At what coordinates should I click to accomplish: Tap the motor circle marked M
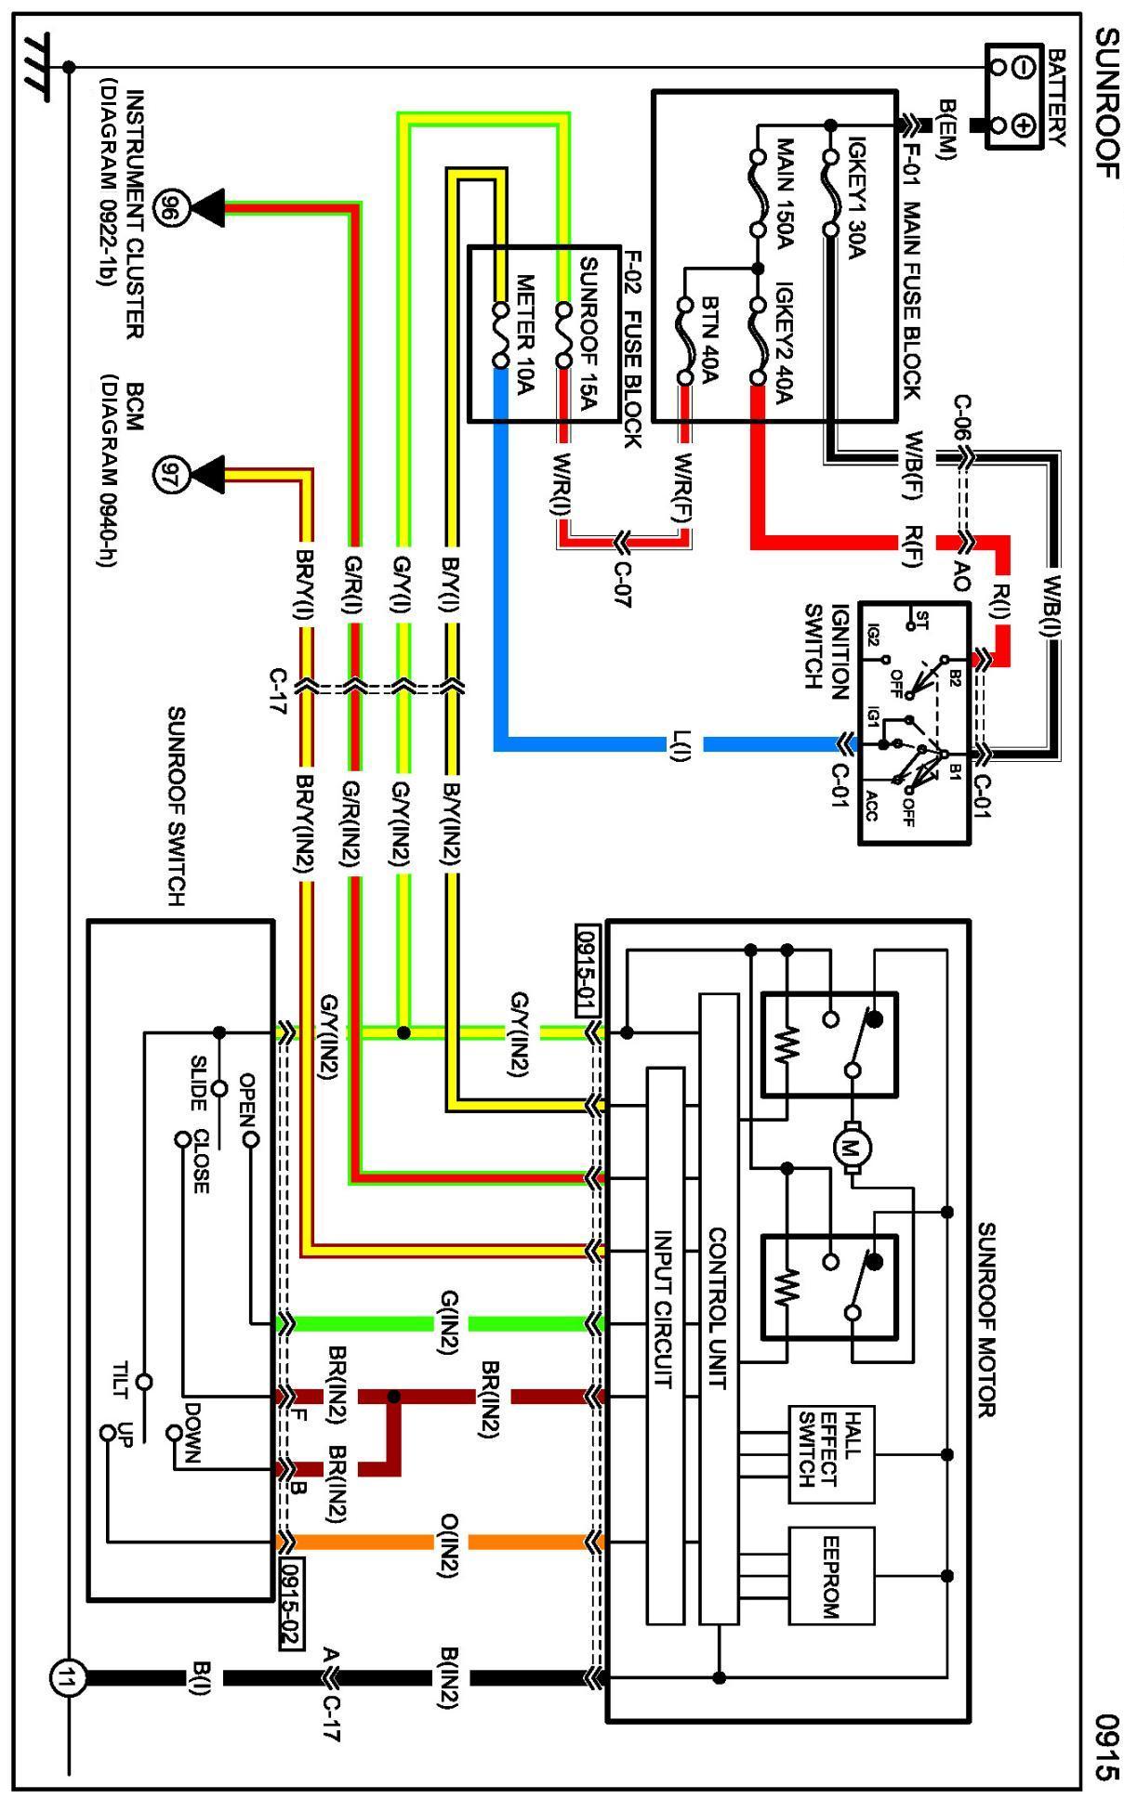pyautogui.click(x=849, y=1147)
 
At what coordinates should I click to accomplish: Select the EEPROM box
pyautogui.click(x=831, y=1574)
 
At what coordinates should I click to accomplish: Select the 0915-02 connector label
pyautogui.click(x=292, y=1602)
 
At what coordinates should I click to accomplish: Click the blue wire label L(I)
pyautogui.click(x=681, y=745)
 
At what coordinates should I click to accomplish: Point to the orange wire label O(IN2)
pyautogui.click(x=449, y=1541)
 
